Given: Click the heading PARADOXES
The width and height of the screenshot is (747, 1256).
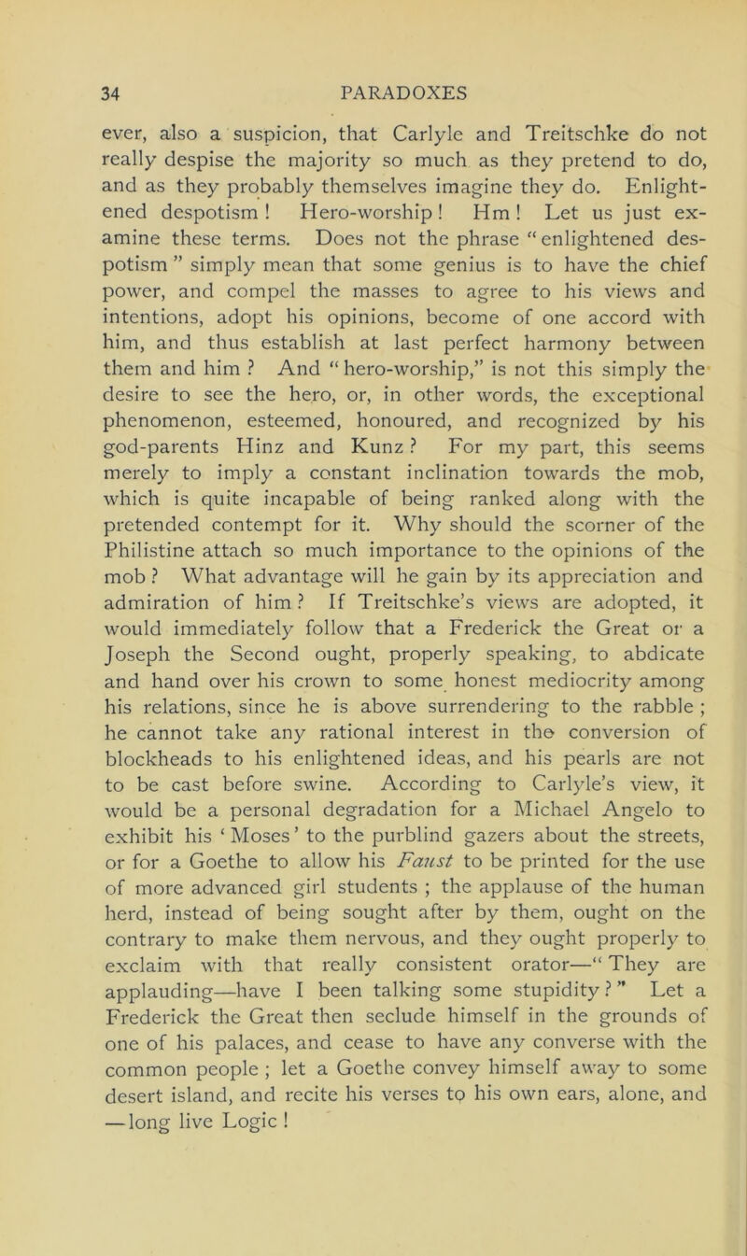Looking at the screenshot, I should [x=373, y=95].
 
